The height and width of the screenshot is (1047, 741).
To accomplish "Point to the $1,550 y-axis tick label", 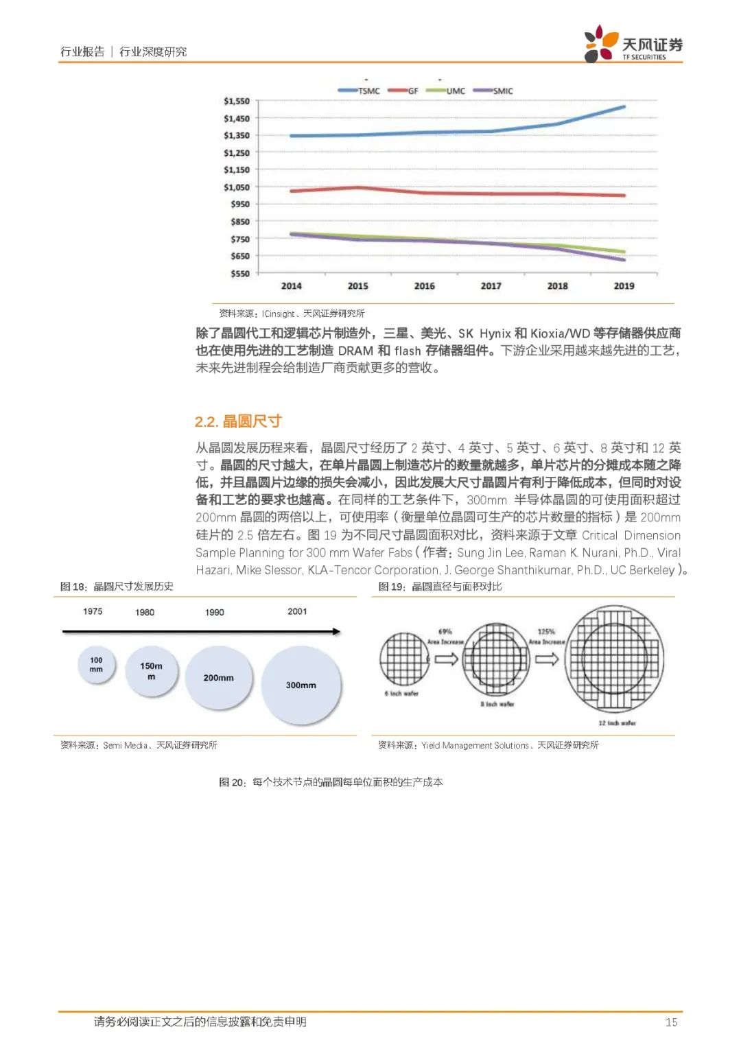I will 237,101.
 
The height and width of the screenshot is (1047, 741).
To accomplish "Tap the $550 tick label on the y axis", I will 240,274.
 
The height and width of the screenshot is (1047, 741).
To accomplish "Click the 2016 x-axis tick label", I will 424,286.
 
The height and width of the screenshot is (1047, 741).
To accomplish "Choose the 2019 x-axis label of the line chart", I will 624,286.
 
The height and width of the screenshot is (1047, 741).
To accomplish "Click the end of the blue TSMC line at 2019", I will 624,107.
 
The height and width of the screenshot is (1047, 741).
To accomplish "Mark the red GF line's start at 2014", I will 292,191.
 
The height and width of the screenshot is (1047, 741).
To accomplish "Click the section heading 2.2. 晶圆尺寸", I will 238,421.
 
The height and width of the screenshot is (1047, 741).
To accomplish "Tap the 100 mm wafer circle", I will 96,664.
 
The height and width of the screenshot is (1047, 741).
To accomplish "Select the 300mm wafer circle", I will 301,685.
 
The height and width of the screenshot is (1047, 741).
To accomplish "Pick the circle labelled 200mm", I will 218,678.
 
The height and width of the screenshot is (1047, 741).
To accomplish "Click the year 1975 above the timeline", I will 93,611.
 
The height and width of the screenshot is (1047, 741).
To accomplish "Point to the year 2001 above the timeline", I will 297,611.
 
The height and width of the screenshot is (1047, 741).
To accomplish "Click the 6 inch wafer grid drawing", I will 404,659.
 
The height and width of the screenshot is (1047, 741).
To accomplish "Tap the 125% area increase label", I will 546,632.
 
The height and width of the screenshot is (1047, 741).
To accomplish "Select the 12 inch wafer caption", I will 617,723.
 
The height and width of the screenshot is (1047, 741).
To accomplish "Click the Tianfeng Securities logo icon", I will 601,43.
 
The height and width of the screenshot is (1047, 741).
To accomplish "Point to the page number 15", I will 671,1022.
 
